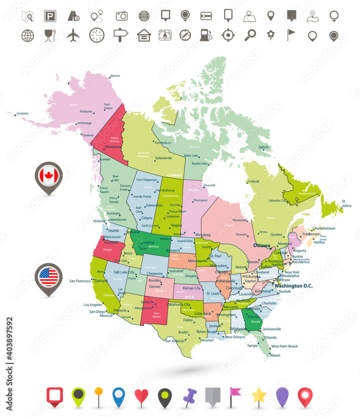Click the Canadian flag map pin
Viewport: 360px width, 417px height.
(x=49, y=176)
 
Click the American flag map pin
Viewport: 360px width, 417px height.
(x=49, y=277)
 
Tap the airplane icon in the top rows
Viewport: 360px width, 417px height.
(x=73, y=35)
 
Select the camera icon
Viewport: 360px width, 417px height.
(x=121, y=16)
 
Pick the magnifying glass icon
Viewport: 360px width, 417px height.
(x=250, y=35)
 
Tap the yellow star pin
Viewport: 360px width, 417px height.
(x=259, y=395)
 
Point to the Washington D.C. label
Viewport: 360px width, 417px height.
(x=294, y=286)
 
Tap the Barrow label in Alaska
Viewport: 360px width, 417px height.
(x=115, y=76)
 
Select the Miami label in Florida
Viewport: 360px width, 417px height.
(x=275, y=355)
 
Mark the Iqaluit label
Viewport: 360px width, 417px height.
(x=264, y=147)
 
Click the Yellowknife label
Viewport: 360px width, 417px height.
(x=163, y=158)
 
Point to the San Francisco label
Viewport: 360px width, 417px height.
(x=80, y=281)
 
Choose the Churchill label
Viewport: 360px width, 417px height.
(x=209, y=185)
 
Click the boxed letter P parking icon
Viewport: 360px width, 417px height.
(x=50, y=16)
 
